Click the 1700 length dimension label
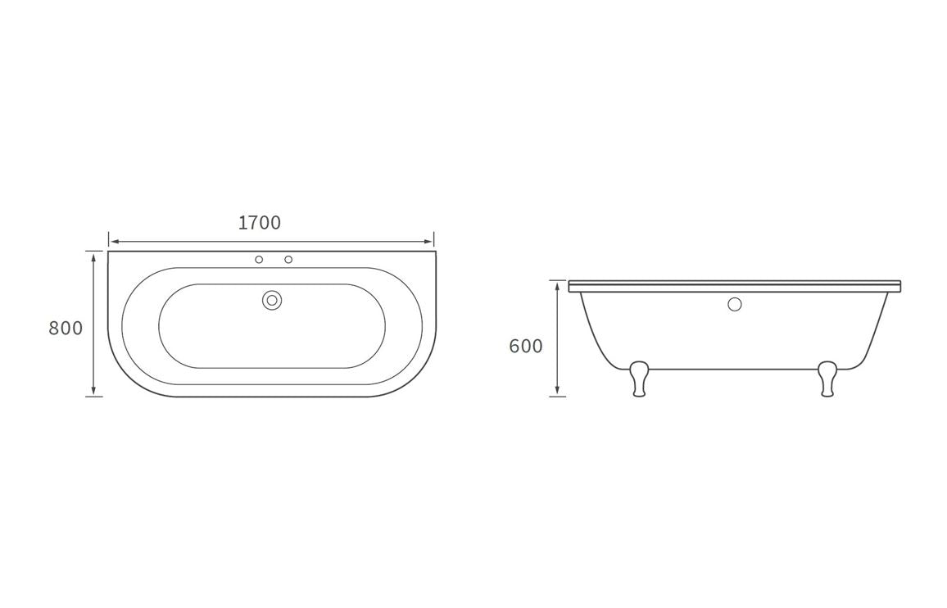[x=260, y=223]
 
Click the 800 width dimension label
[x=66, y=329]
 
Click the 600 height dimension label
[x=526, y=347]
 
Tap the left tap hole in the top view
[x=259, y=260]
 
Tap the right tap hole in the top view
[x=288, y=260]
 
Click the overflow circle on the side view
[x=735, y=305]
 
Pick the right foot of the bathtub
[x=827, y=380]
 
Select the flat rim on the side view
[x=735, y=286]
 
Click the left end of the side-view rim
[x=571, y=286]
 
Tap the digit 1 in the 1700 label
[x=242, y=223]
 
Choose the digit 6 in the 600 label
[x=515, y=347]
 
